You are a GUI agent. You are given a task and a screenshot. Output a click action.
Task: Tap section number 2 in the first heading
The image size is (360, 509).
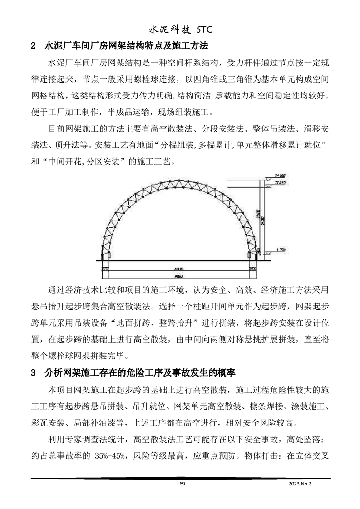tap(33, 46)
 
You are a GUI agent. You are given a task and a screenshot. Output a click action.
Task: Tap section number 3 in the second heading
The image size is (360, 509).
tap(33, 373)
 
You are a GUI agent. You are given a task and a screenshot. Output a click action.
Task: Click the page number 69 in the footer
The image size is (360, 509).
tap(182, 485)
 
